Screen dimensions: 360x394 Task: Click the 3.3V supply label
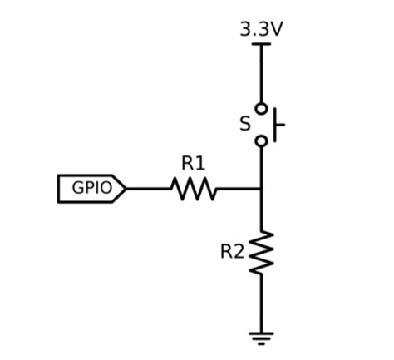(261, 28)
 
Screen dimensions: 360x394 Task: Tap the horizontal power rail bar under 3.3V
(261, 43)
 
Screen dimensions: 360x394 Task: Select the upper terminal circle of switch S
(261, 108)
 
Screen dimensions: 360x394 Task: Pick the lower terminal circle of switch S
(261, 141)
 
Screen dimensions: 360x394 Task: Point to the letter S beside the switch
(244, 125)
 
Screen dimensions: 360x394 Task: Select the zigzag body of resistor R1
(194, 189)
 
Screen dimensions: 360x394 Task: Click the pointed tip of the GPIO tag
(125, 189)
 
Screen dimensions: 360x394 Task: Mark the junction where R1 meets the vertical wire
(261, 189)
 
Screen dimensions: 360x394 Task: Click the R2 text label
(232, 251)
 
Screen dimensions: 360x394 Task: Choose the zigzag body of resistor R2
(261, 252)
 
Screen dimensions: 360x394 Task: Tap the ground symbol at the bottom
(261, 337)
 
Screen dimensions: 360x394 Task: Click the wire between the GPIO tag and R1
(148, 189)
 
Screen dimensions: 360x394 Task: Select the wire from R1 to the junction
(239, 189)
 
